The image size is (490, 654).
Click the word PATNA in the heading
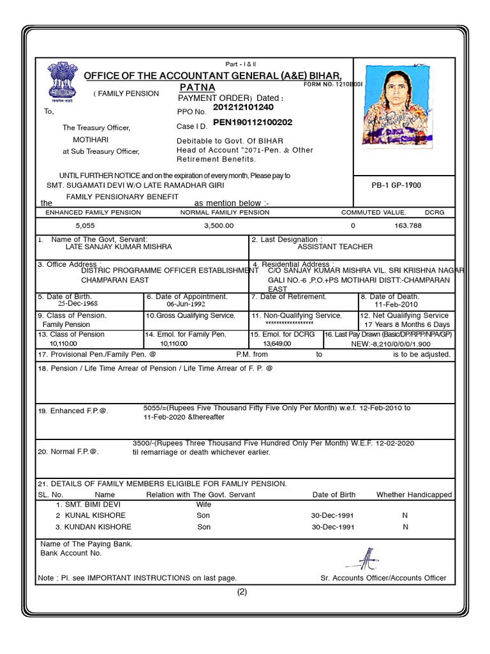[197, 87]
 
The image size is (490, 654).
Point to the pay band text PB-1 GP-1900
[396, 185]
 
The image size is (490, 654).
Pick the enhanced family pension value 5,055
[85, 226]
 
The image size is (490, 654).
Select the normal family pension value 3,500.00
[219, 226]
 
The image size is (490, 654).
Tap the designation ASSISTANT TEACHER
[335, 247]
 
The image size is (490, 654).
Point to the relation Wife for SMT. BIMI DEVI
[204, 504]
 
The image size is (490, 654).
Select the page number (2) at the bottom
[242, 591]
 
